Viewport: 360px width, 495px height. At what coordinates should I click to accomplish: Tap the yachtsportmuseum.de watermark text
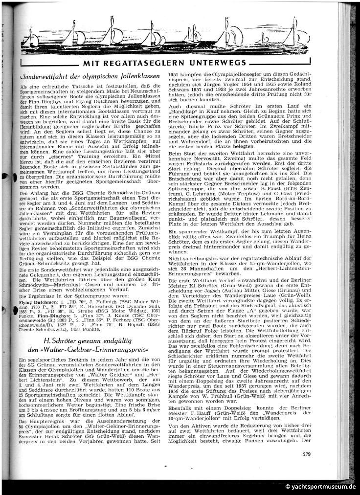point(321,487)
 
